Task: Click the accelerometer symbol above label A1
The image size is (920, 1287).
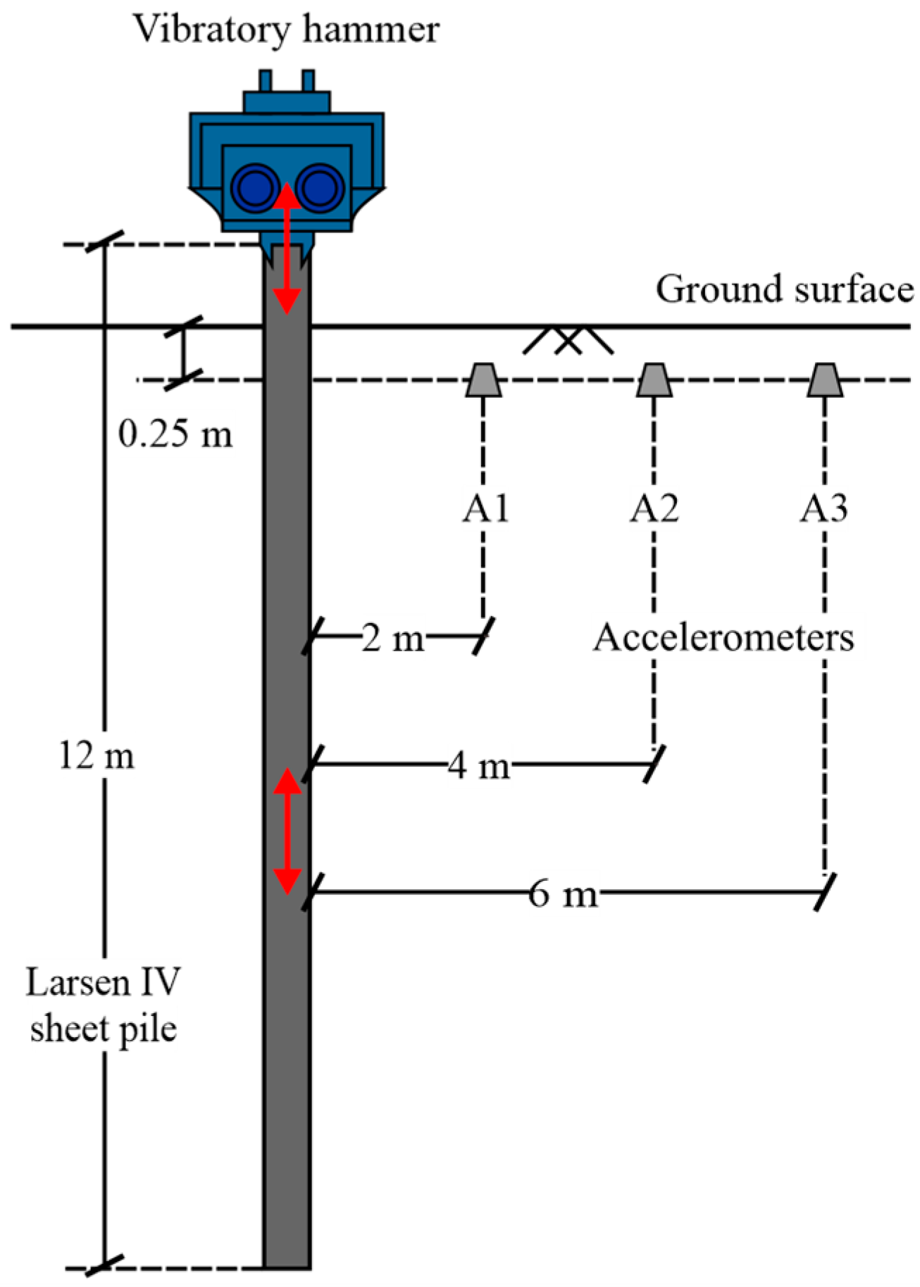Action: coord(483,380)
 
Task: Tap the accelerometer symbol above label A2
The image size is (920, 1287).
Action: coord(654,380)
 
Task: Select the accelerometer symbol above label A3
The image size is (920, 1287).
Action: coord(825,380)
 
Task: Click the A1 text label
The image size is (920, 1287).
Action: coord(485,508)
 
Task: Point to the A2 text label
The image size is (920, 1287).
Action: coord(654,508)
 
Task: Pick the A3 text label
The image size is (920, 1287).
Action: coord(823,508)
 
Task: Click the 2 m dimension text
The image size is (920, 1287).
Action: coord(393,639)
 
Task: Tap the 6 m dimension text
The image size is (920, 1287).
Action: coord(563,894)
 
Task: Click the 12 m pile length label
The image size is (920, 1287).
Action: coord(97,757)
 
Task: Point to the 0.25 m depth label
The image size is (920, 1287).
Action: coord(175,434)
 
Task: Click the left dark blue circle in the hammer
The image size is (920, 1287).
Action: coord(256,187)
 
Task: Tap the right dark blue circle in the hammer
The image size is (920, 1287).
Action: coord(320,187)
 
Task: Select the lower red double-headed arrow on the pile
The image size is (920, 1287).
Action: coord(287,831)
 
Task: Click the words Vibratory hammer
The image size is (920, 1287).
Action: coord(287,30)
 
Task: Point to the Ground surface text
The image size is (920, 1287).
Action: coord(785,289)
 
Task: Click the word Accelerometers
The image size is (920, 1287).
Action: coord(723,638)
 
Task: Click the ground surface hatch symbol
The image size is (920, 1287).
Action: coord(568,341)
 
